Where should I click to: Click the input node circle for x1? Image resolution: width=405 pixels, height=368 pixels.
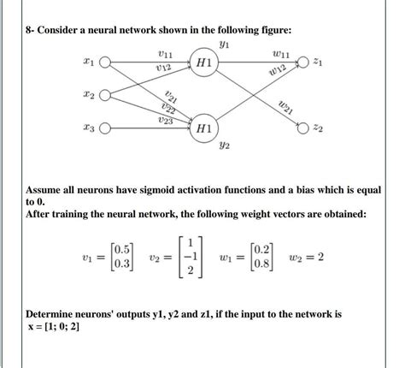click(x=105, y=63)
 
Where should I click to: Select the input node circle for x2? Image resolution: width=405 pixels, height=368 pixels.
click(x=105, y=96)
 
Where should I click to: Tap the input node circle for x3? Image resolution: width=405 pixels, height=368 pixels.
click(x=105, y=129)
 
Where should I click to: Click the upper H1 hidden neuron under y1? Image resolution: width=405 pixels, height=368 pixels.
click(x=205, y=63)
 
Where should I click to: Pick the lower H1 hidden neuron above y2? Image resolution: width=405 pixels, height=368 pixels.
click(x=205, y=128)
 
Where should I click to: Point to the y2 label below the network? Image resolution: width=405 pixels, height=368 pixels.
click(x=225, y=147)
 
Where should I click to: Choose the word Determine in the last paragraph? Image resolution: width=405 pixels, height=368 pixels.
click(x=56, y=314)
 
